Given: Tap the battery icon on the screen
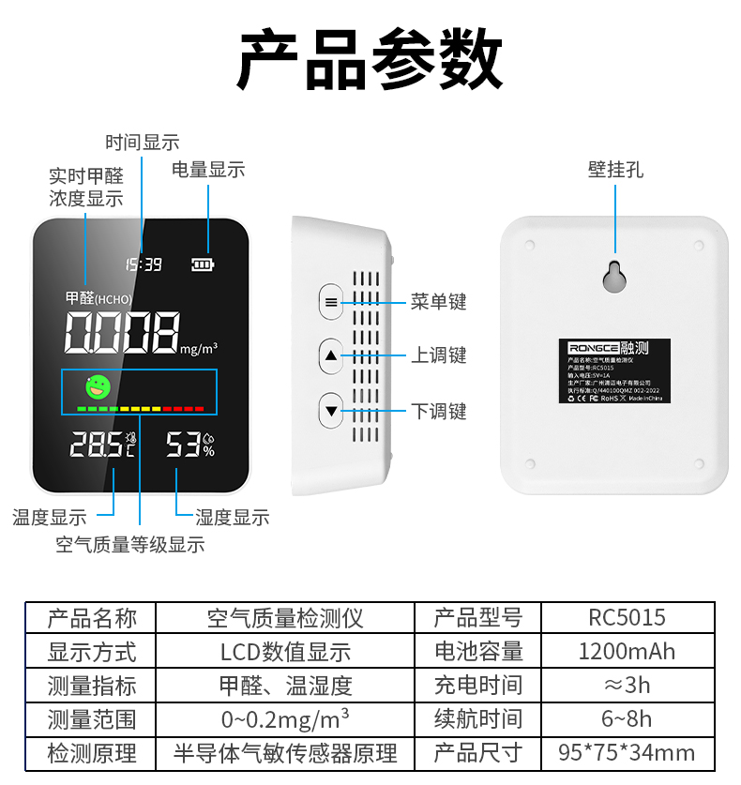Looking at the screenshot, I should [203, 264].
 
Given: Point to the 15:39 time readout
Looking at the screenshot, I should [144, 264].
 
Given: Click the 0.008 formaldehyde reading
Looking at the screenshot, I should [121, 332].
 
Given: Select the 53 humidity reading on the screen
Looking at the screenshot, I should [184, 445].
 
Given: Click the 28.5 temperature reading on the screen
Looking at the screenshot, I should [96, 445].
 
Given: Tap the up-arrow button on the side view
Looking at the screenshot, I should [331, 356].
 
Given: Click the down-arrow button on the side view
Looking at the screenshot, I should [331, 411].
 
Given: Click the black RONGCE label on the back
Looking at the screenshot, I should [614, 370].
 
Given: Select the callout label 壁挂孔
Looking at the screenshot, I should [615, 171].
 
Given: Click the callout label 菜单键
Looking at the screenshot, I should [438, 302].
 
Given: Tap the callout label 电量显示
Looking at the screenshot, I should [208, 170].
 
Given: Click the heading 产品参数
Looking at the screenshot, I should [370, 58].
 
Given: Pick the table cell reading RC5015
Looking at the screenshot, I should [627, 618].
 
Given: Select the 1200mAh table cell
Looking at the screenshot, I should [627, 652].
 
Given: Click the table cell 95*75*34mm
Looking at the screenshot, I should [627, 752].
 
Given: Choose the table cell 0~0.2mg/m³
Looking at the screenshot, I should [285, 719].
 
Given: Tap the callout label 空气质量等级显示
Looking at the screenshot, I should [129, 545].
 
